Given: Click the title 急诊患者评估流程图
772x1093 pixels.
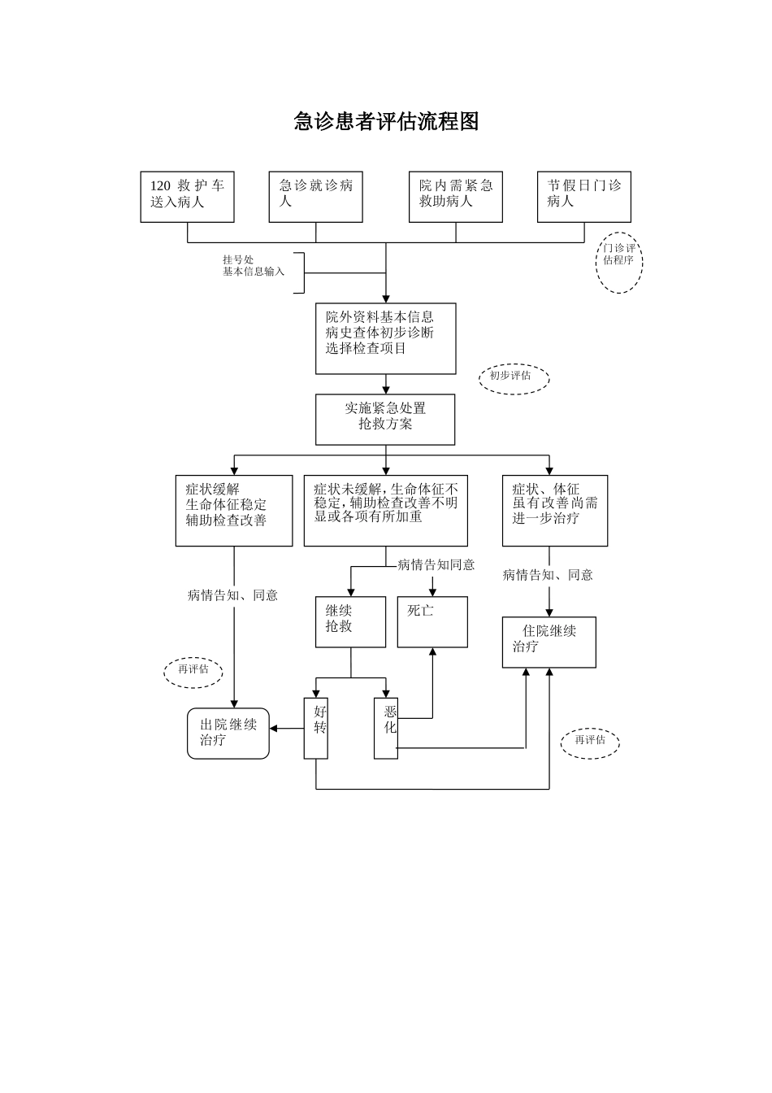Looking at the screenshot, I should [x=386, y=122].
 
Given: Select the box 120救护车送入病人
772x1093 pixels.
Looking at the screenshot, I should [x=187, y=197].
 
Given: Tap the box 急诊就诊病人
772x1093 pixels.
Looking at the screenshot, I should [x=315, y=197].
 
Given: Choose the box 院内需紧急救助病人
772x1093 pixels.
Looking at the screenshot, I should [x=455, y=197].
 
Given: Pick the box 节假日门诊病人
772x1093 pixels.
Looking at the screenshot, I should [x=583, y=197].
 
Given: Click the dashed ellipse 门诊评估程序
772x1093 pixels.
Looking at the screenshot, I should [x=619, y=263].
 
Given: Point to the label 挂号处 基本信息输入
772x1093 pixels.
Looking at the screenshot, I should [x=254, y=266].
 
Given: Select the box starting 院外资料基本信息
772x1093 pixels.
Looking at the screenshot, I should [x=385, y=338].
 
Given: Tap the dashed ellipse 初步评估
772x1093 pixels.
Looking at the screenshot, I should [x=514, y=378].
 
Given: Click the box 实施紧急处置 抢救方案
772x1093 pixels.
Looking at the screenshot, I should [x=385, y=420].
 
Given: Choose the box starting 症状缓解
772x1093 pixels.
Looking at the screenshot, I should [x=234, y=510].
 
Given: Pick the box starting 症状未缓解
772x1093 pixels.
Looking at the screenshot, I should [x=385, y=510].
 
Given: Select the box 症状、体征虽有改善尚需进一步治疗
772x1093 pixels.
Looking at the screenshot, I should [x=554, y=510].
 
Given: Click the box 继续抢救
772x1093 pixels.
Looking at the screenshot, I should [x=350, y=621].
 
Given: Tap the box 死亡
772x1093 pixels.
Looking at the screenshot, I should [x=432, y=621].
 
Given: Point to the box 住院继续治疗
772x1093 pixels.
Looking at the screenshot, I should [x=549, y=642].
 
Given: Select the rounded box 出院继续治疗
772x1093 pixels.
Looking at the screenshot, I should [x=228, y=733].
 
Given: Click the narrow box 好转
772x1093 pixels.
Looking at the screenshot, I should [x=316, y=728].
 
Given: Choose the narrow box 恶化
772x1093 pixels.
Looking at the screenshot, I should [x=386, y=728].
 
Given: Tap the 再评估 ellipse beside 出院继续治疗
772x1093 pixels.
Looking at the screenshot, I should [x=193, y=670].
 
